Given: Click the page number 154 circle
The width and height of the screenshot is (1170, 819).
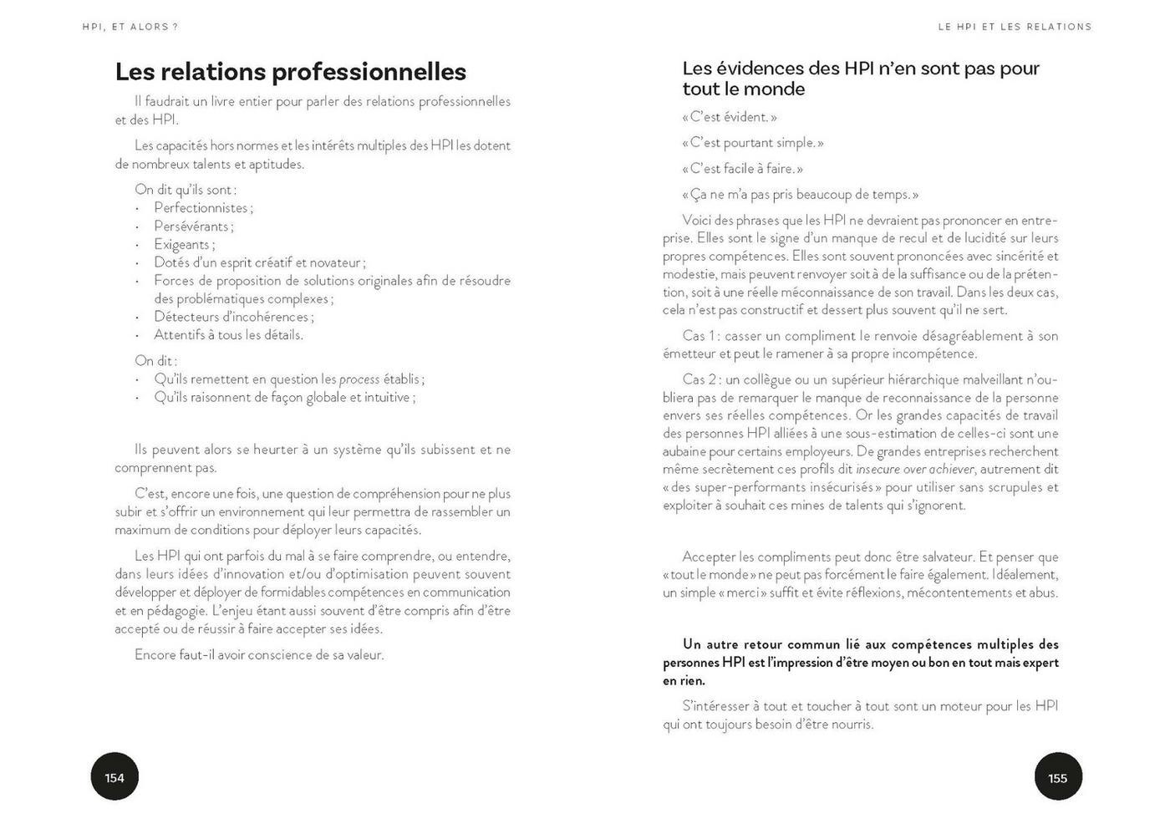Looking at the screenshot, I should (x=114, y=777).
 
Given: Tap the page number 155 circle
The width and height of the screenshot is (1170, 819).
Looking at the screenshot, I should (x=1057, y=777).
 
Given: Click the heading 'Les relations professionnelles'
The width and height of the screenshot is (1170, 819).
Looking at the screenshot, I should (x=290, y=72).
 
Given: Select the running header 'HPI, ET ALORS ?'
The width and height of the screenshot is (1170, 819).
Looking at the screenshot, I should (x=130, y=27).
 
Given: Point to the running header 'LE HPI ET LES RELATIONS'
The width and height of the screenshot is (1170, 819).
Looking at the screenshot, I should (x=1015, y=27).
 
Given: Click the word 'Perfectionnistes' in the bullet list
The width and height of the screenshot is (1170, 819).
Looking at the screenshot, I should (x=201, y=208).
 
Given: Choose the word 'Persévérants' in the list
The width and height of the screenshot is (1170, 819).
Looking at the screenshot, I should (x=191, y=226).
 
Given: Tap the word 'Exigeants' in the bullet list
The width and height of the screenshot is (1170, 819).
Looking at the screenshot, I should (x=182, y=245).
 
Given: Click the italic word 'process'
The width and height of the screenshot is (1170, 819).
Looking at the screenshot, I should (x=359, y=379).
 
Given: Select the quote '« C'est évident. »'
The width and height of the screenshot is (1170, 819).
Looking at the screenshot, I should (x=730, y=117).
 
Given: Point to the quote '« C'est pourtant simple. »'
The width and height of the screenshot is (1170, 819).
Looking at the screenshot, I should (x=753, y=143).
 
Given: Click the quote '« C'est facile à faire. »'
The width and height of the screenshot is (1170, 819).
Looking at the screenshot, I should (x=742, y=169).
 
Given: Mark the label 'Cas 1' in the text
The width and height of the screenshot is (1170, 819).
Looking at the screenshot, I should (x=699, y=336).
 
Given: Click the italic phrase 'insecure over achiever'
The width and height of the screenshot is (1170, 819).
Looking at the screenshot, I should (x=914, y=470).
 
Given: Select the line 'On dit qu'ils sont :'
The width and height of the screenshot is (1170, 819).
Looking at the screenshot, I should (x=186, y=190).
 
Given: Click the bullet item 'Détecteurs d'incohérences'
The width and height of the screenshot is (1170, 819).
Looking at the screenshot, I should (x=232, y=317).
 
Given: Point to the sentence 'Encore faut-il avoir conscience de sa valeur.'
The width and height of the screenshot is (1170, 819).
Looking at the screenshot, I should (x=259, y=655).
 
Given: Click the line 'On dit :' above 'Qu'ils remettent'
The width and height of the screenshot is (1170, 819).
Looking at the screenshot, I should (x=155, y=361).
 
